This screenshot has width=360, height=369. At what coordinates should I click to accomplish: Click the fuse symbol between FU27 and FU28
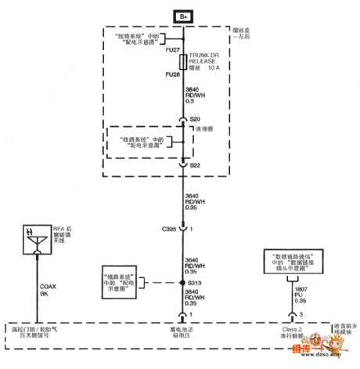coord(182,62)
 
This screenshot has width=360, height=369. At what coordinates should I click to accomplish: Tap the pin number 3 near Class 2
coord(301,314)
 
